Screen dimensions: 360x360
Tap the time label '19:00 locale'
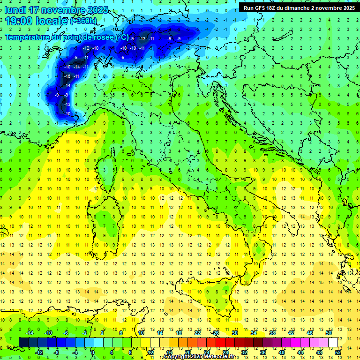pos(36,21)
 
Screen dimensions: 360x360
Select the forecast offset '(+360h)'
pos(83,21)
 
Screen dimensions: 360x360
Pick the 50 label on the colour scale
pos(329,333)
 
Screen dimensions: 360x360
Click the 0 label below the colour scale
pos(93,352)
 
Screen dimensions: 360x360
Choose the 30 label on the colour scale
pos(235,333)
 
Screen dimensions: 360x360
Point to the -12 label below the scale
pos(39,352)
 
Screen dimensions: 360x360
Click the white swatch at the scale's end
pos(333,342)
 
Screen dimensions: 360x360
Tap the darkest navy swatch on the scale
pos(23,342)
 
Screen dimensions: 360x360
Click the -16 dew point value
pos(67,76)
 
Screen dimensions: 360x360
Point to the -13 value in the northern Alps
pos(142,38)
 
